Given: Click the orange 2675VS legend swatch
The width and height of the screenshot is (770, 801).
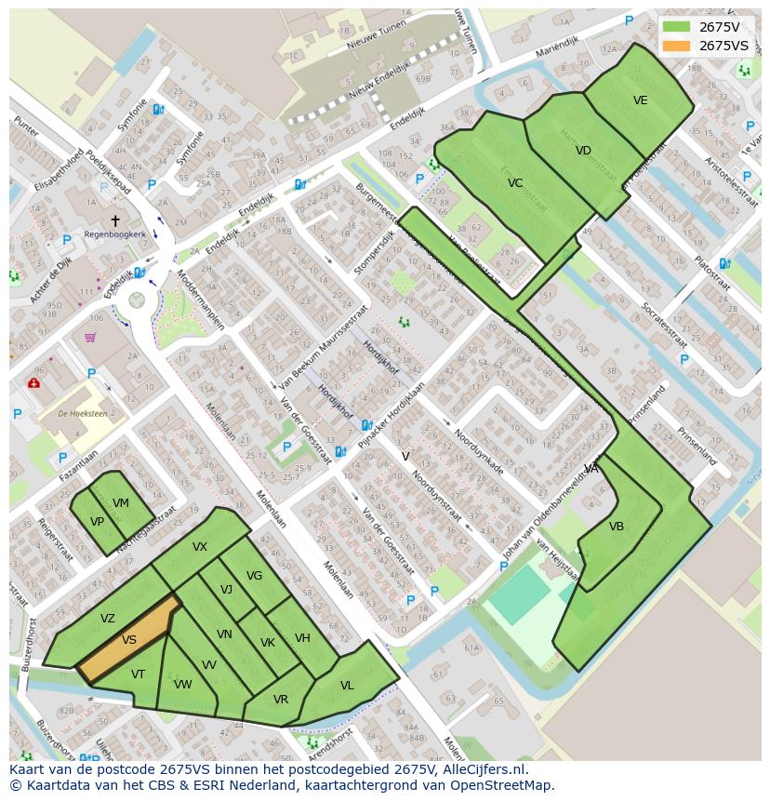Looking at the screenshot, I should tap(677, 46).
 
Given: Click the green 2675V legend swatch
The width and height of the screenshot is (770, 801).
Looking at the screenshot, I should tap(677, 27).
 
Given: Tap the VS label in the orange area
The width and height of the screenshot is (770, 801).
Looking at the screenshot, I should tap(129, 640).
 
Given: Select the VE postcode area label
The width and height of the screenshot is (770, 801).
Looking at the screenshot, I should tap(640, 100).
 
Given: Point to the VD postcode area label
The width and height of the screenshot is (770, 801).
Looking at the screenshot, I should tap(583, 151).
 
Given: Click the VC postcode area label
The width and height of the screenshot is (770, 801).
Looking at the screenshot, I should tap(515, 183).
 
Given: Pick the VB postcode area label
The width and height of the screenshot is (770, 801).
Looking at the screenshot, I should tap(617, 527).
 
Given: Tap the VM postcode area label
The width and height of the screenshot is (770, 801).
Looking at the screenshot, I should tap(121, 503).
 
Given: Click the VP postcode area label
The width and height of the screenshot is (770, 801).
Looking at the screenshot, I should tap(97, 522).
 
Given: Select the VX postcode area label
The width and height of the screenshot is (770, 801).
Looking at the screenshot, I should tap(200, 547).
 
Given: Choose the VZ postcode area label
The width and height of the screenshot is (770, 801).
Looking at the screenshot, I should tap(108, 619).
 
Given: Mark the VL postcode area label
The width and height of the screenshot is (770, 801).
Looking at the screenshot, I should tap(347, 686).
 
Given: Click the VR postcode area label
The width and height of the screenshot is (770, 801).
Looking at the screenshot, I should tap(281, 700).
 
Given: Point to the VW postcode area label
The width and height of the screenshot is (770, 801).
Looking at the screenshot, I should tap(182, 685).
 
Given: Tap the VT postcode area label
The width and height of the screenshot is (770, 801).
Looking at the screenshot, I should tap(138, 674).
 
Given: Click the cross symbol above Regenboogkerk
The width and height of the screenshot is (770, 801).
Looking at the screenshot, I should tap(115, 220).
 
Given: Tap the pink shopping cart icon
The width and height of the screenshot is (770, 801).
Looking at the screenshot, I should tap(90, 337).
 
